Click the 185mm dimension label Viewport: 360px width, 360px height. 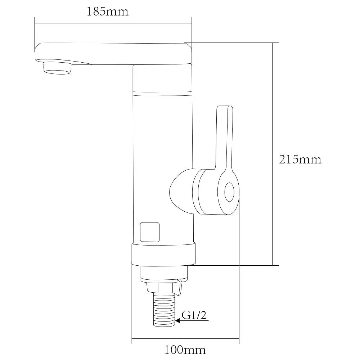coord(107,12)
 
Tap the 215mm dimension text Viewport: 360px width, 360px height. coord(300,159)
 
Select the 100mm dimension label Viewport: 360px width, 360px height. coord(185,350)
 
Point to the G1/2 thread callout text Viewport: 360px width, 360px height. coord(194,315)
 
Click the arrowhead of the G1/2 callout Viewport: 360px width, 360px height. coord(177,320)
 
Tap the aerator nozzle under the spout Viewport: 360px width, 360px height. coord(57,68)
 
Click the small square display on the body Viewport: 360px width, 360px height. coord(150,232)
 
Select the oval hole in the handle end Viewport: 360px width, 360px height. coord(229,192)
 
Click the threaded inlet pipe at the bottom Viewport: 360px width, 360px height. coord(164,310)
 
